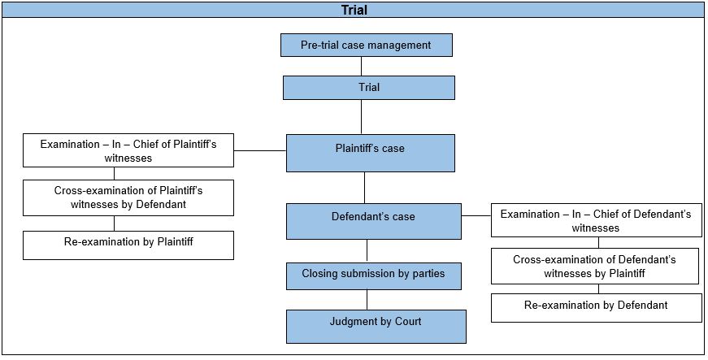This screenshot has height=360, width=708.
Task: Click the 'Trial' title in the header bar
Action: tap(354, 10)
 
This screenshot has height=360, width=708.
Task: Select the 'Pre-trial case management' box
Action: tap(366, 45)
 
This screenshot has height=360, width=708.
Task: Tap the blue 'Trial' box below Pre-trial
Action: tap(368, 87)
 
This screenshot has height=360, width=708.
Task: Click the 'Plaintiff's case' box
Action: tap(370, 153)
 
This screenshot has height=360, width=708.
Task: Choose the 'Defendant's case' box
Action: tap(373, 221)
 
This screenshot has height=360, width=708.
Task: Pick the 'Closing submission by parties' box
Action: tap(373, 275)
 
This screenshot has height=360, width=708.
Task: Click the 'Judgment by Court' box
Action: tap(376, 325)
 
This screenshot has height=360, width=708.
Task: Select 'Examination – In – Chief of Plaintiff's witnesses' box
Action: tap(128, 150)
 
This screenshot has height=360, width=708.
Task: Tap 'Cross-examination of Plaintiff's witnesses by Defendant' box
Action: tap(128, 197)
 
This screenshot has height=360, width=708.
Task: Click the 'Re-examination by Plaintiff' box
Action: tap(128, 245)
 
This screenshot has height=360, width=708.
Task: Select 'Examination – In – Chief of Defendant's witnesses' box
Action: tap(596, 220)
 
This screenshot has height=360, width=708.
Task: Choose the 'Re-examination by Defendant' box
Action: tap(596, 307)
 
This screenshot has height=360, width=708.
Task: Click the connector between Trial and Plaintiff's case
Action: tap(360, 117)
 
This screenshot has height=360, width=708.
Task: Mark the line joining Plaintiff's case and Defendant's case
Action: tap(364, 187)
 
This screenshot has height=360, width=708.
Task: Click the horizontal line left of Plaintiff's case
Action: tap(260, 150)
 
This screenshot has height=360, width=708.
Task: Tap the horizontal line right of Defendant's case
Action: tap(476, 216)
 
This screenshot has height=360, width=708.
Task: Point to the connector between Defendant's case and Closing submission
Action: tap(367, 250)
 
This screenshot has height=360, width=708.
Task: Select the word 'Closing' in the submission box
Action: tap(320, 274)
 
